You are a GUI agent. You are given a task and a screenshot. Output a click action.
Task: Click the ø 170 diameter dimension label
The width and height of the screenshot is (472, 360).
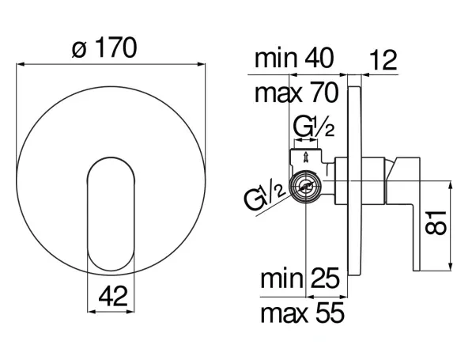tap(104, 48)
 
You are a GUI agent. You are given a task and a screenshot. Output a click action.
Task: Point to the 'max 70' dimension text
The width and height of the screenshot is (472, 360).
tap(296, 93)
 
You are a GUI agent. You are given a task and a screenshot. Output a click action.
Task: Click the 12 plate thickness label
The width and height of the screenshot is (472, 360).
tap(383, 60)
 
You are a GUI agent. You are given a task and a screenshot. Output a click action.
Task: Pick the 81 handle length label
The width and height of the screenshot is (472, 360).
tap(436, 222)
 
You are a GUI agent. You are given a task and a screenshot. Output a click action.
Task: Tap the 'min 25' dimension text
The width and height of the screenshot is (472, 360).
tap(300, 278)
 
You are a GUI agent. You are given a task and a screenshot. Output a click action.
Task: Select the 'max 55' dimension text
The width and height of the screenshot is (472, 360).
tap(302, 313)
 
